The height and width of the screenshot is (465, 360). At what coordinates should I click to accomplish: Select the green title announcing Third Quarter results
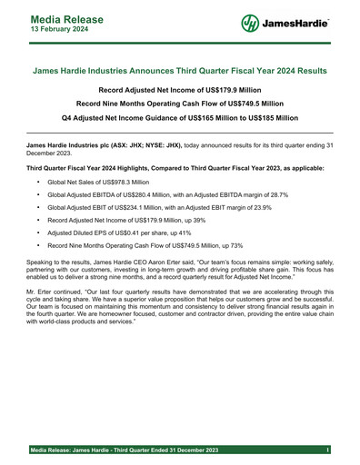pyautogui.click(x=179, y=71)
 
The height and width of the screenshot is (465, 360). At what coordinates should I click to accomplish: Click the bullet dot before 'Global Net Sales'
pyautogui.click(x=38, y=182)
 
